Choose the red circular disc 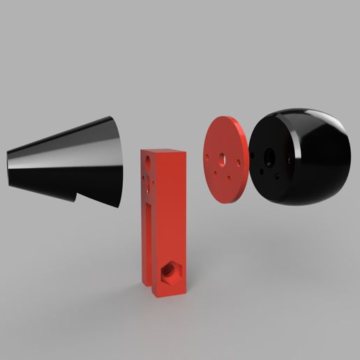tap(225, 160)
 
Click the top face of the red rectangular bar tap(162, 152)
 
